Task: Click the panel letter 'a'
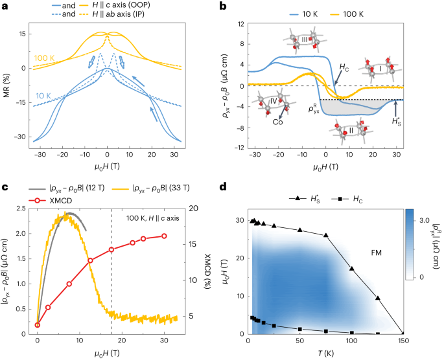(x=5, y=5)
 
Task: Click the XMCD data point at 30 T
(x=164, y=236)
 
